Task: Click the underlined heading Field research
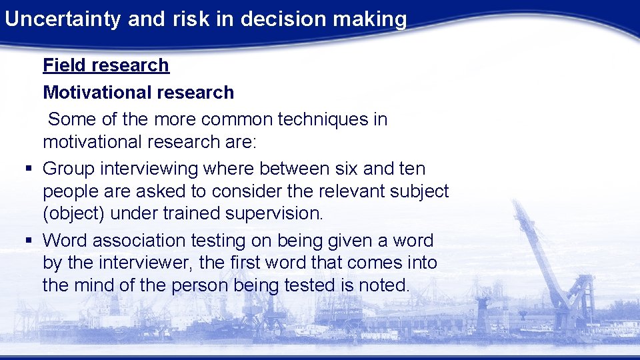(x=106, y=65)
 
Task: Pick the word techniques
(x=325, y=119)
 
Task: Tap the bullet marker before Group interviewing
(x=27, y=169)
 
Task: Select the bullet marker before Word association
(x=27, y=241)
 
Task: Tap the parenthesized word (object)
(x=74, y=214)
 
